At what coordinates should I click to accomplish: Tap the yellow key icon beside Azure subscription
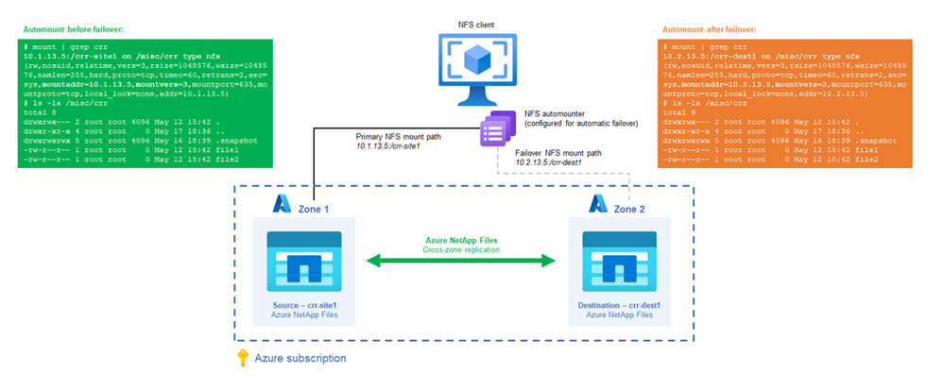coord(242,359)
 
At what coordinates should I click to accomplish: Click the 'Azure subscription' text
coord(299,359)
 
